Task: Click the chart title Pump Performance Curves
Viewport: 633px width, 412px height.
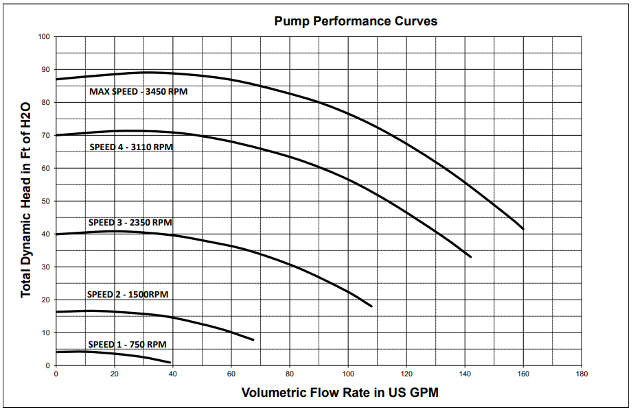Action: (x=356, y=21)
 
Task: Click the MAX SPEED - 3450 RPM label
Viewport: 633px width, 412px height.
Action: (x=138, y=91)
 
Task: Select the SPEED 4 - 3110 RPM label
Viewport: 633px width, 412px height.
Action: (x=130, y=147)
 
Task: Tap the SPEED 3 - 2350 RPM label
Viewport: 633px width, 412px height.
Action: (x=130, y=222)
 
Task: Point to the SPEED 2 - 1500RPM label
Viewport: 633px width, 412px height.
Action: (x=128, y=294)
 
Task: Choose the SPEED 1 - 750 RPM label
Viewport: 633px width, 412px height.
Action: (x=127, y=344)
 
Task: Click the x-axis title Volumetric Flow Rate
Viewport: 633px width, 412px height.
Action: (x=340, y=393)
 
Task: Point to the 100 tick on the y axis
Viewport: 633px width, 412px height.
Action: (x=44, y=36)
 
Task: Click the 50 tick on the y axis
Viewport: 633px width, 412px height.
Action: (x=46, y=201)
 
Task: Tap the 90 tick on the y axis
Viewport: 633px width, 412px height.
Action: (x=46, y=69)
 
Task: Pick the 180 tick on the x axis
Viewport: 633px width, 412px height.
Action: (x=582, y=374)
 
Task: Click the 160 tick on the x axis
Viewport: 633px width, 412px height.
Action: (x=523, y=374)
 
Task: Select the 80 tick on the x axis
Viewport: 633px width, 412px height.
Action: (x=290, y=374)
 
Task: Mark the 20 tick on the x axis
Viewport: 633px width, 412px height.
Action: (x=114, y=374)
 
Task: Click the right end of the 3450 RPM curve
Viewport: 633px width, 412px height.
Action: (x=523, y=229)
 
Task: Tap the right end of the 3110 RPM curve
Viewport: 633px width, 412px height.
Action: (x=471, y=256)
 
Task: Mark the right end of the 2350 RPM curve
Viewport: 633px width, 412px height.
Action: (x=371, y=306)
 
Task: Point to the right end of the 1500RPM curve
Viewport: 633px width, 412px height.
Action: (x=253, y=339)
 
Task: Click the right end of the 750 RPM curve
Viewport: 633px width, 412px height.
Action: (x=170, y=362)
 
